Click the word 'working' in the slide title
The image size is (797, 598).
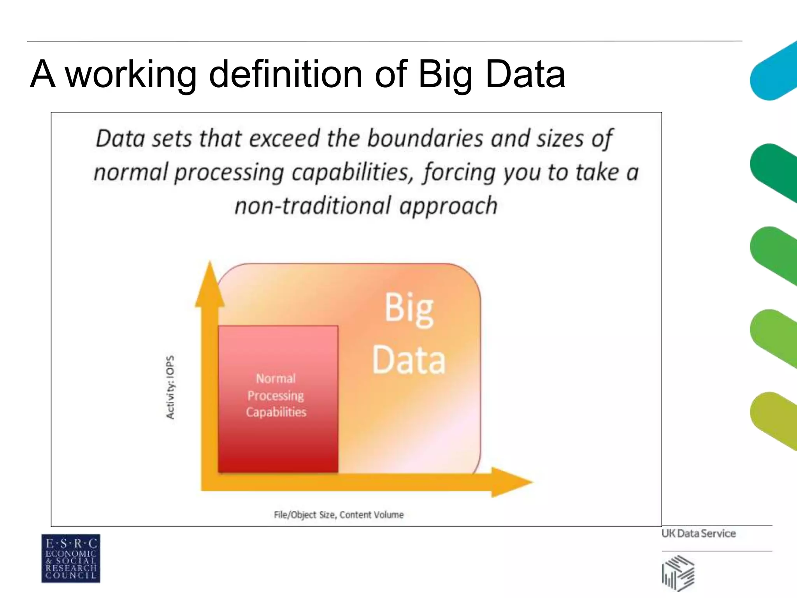pos(131,74)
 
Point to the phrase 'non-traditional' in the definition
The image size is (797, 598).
pos(312,206)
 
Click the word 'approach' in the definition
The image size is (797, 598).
pos(448,207)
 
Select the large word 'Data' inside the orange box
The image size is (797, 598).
pos(409,361)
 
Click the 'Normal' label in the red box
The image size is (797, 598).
pos(276,378)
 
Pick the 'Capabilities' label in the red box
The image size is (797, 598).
pos(276,412)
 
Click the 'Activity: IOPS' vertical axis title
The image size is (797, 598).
pos(170,387)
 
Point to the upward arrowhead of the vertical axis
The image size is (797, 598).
pos(210,284)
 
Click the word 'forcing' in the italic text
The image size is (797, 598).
pos(460,173)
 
